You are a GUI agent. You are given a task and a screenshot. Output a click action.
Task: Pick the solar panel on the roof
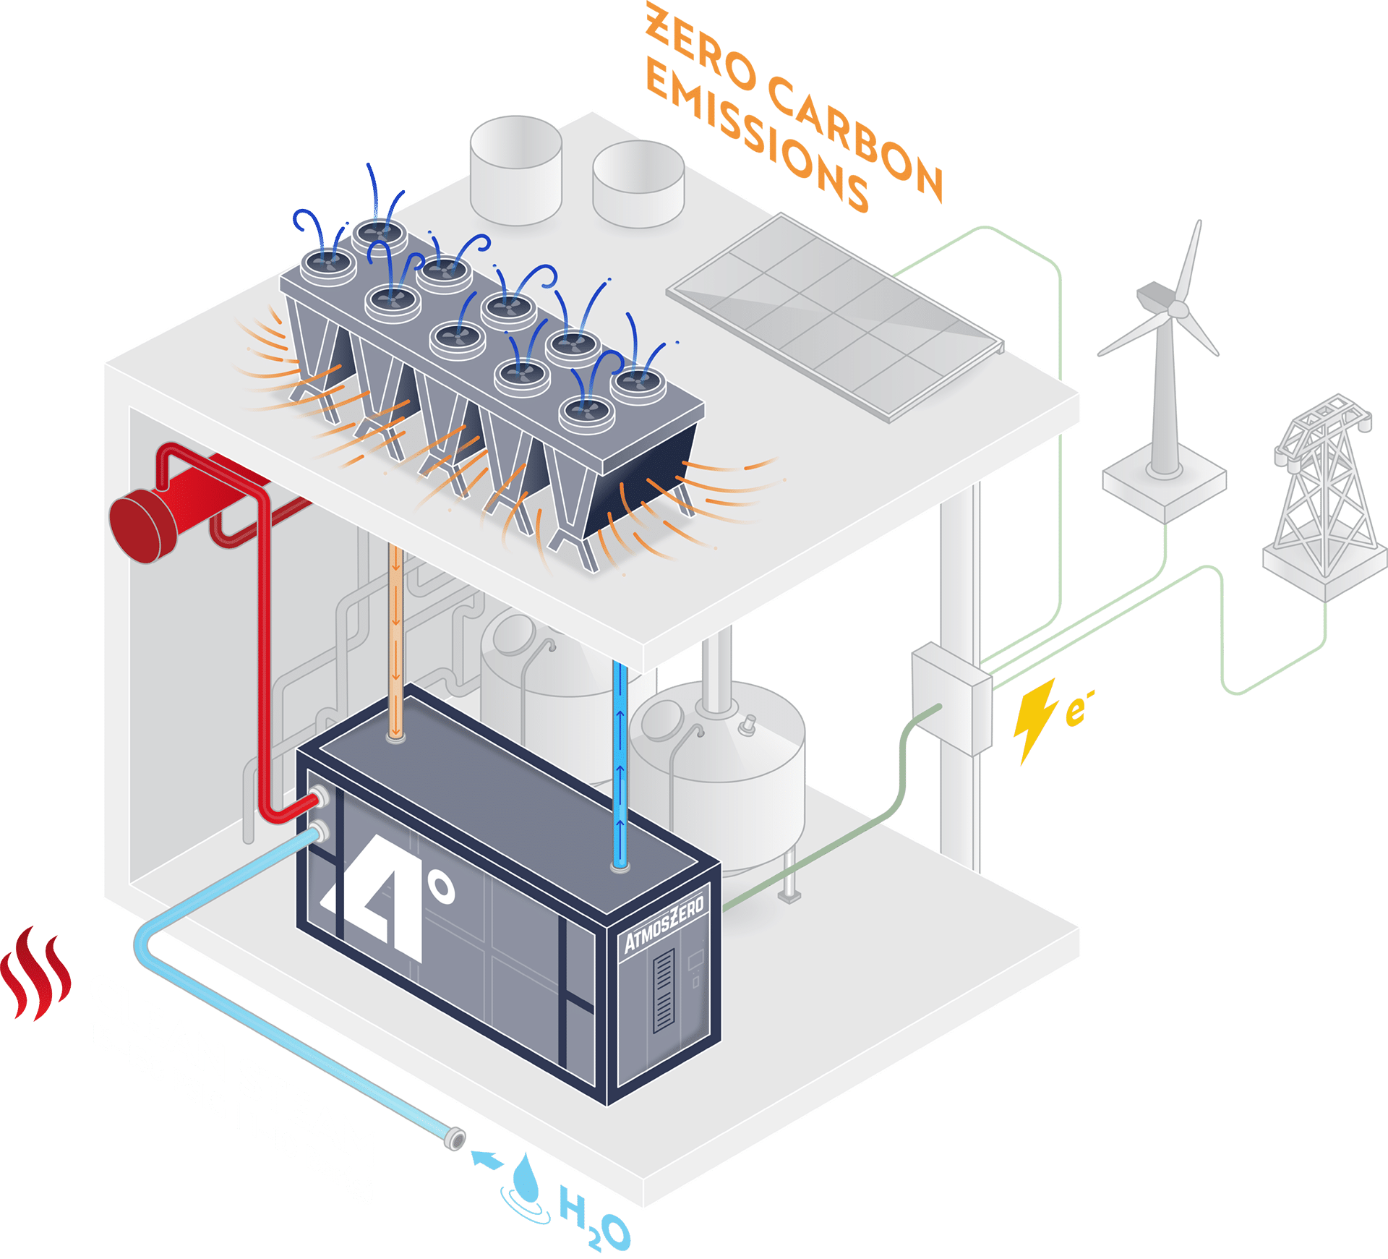pyautogui.click(x=835, y=315)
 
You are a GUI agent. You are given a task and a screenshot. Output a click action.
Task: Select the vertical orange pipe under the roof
pyautogui.click(x=395, y=636)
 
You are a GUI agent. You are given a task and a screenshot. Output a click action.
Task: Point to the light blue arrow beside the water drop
pyautogui.click(x=488, y=1159)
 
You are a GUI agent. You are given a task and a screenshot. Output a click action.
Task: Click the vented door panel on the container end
pyautogui.click(x=664, y=990)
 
